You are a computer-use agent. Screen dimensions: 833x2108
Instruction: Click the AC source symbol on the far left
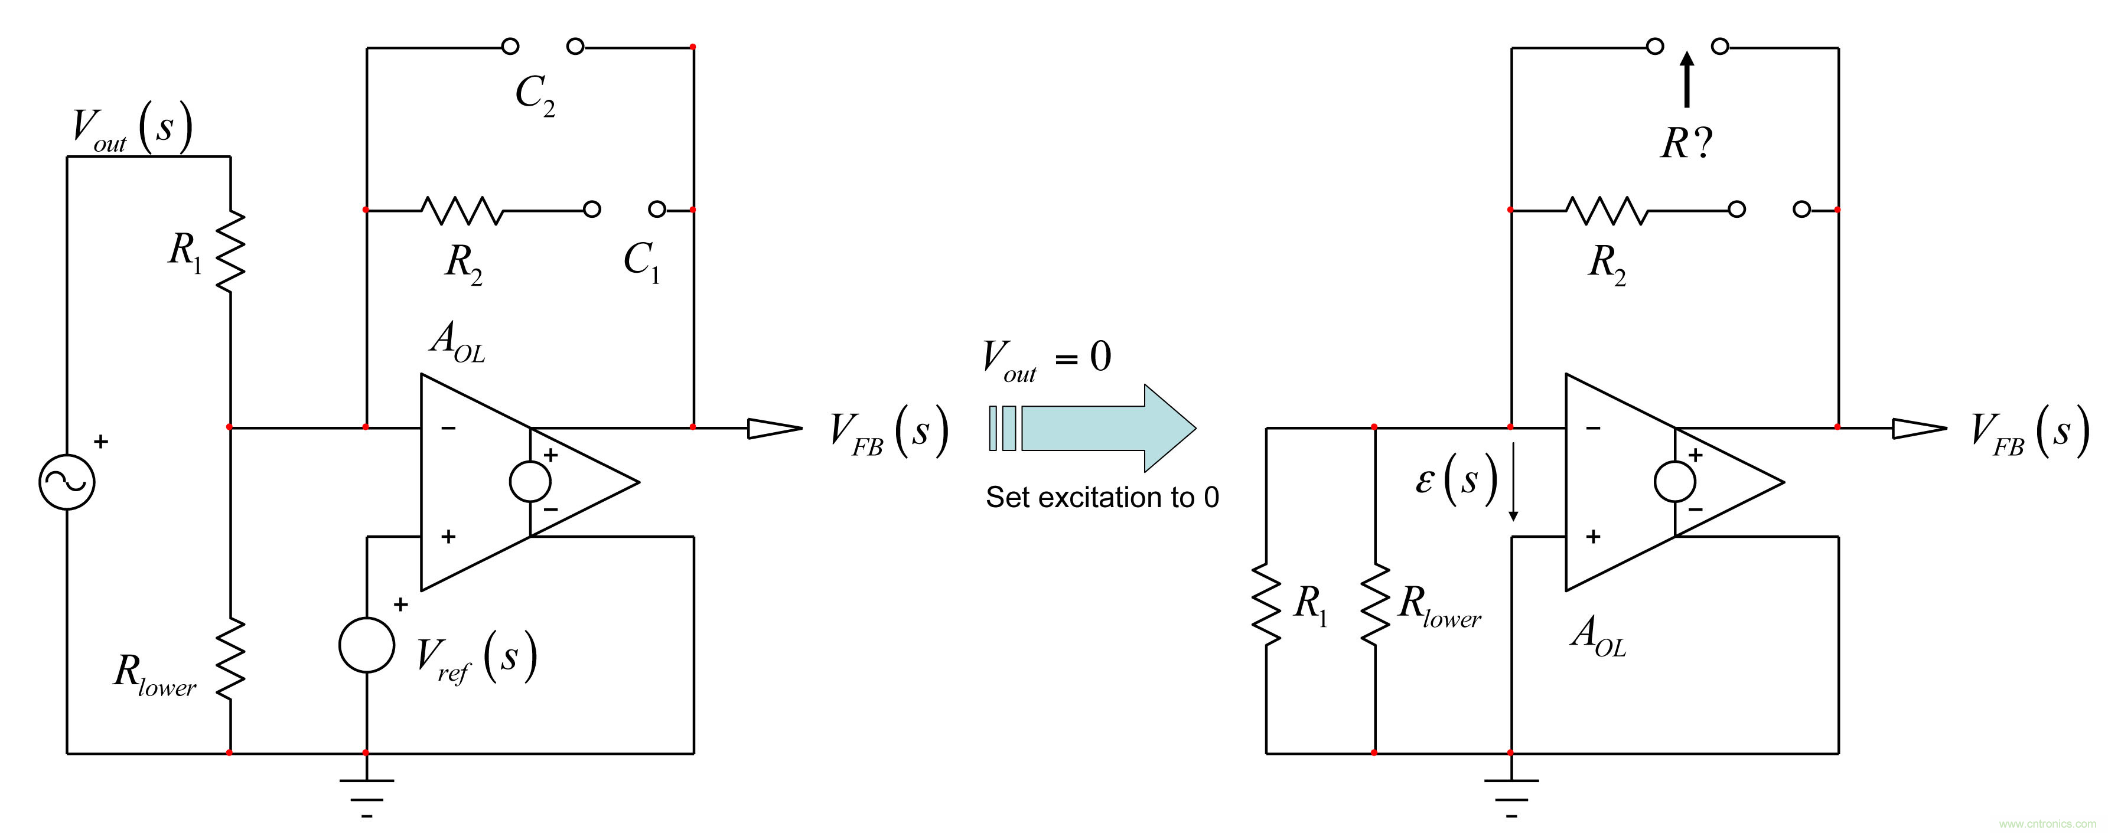pos(67,481)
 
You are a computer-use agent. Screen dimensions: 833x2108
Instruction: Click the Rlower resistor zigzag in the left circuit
pos(231,659)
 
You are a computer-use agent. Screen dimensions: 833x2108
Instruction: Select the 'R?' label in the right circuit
pos(1686,144)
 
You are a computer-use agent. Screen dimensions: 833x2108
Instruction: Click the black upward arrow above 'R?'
pos(1686,80)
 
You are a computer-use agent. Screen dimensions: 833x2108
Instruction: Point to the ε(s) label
pos(1457,479)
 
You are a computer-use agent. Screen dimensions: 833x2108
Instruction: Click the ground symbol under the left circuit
pos(367,792)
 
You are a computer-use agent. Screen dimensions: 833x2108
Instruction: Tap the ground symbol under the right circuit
pos(1511,792)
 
